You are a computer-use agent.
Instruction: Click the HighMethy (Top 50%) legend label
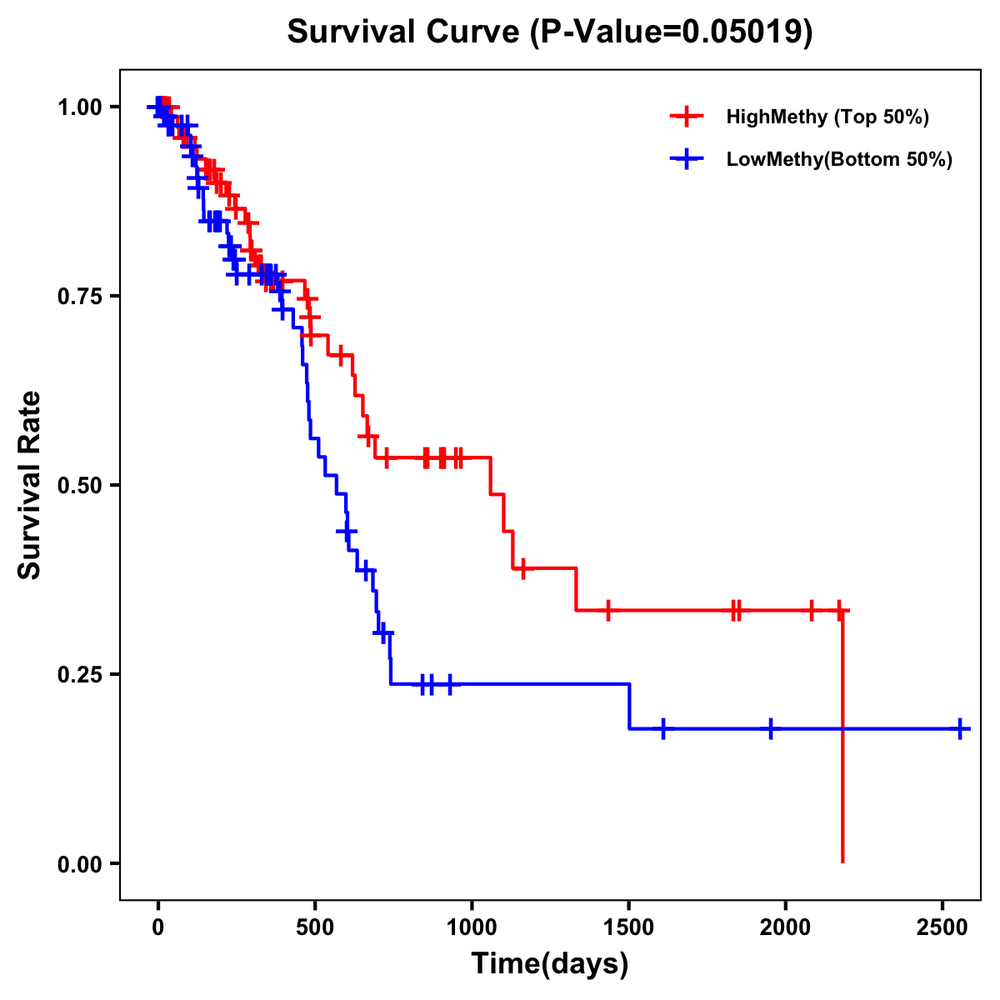pos(827,117)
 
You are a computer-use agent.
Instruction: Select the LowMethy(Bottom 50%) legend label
pos(839,160)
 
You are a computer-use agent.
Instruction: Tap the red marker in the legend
pos(687,117)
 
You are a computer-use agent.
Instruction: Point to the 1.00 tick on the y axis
pos(79,107)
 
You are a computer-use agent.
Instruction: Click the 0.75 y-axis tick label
pos(79,297)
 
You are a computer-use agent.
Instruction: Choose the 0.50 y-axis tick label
pos(79,486)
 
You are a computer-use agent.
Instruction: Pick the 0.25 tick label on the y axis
pos(79,675)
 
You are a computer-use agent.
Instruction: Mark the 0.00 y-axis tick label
pos(79,864)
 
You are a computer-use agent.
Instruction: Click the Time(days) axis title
pos(550,964)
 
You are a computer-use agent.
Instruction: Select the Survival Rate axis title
pos(30,485)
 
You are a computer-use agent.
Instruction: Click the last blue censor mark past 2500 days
pos(960,728)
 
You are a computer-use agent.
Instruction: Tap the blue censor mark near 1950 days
pos(771,728)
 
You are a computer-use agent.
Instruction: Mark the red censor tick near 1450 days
pos(608,610)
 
